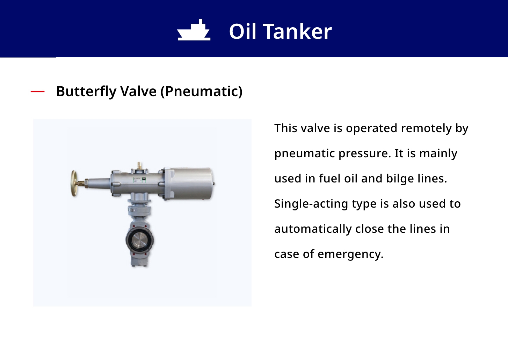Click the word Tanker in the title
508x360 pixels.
tap(297, 31)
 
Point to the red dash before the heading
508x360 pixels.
tap(38, 92)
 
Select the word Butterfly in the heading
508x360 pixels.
tap(86, 92)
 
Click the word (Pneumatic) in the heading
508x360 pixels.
tap(201, 92)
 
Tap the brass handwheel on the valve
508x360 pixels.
tap(74, 183)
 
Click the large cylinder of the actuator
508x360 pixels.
tap(190, 183)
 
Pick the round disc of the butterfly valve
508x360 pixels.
tap(139, 240)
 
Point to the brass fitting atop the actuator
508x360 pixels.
tap(140, 165)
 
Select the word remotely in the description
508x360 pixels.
tap(426, 128)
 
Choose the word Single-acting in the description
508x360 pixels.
tap(311, 204)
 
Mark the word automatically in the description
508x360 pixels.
tap(313, 229)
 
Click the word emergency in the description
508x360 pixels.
tap(350, 254)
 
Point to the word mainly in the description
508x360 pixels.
tap(438, 153)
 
